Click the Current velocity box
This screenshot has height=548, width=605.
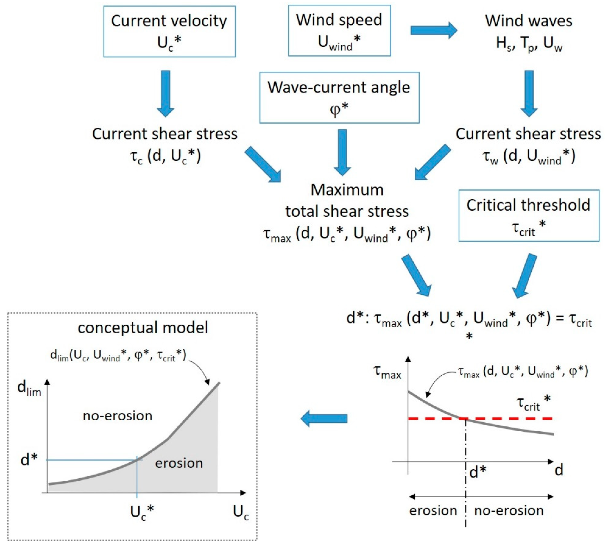(169, 31)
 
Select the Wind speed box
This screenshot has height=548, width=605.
(339, 31)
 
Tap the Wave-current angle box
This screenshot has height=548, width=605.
(339, 98)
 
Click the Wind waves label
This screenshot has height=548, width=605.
(528, 21)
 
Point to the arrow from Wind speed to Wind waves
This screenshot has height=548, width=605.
(433, 30)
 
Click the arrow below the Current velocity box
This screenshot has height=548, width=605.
(165, 93)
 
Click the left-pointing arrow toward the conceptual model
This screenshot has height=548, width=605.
(324, 418)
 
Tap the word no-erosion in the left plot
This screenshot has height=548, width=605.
(118, 416)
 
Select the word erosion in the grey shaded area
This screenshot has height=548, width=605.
(179, 463)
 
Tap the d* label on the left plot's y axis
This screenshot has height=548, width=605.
(29, 459)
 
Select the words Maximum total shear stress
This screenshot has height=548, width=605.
(347, 200)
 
